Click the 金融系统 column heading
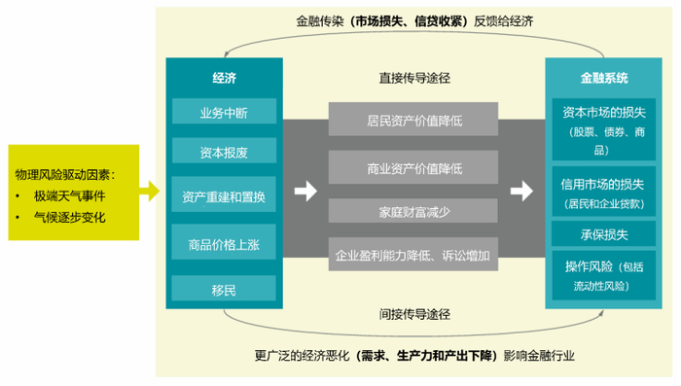(604, 76)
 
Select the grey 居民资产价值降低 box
(413, 121)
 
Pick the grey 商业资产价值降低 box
(413, 168)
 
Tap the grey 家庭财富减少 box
(413, 210)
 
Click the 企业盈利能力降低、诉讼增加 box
(413, 256)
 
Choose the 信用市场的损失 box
(604, 191)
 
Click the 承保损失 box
(604, 234)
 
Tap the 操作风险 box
(604, 275)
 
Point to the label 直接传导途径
(413, 77)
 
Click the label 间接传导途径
(413, 314)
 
